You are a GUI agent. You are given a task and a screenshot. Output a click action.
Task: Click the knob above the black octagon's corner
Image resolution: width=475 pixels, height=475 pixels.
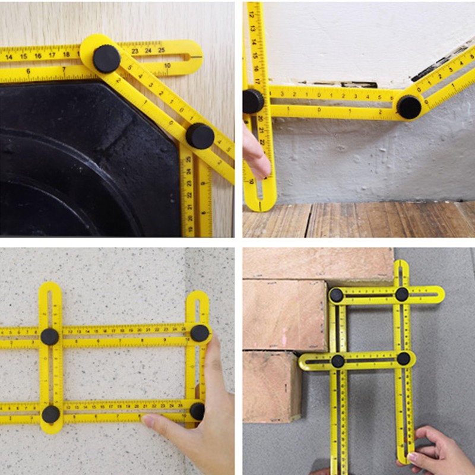[106, 58]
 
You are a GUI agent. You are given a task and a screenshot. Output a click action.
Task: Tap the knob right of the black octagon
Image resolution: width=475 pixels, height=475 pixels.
[200, 136]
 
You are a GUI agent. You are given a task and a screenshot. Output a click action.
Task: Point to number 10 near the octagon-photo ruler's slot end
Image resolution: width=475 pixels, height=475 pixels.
[167, 65]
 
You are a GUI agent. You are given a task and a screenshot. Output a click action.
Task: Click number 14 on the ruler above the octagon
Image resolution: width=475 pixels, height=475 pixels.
[9, 57]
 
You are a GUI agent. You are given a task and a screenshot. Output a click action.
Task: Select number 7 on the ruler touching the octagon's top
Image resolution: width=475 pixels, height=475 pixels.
[64, 69]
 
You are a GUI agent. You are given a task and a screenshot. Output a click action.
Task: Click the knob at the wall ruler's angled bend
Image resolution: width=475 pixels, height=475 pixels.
[409, 107]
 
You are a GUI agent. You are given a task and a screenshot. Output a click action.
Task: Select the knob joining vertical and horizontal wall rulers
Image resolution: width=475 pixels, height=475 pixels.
[253, 101]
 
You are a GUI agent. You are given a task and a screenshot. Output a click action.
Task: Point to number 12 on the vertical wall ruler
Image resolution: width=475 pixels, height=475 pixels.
[252, 14]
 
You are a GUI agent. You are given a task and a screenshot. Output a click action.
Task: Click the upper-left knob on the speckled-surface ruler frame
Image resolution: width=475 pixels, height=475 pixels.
[50, 337]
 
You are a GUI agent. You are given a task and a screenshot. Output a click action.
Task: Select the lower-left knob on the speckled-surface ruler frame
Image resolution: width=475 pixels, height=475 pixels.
[50, 414]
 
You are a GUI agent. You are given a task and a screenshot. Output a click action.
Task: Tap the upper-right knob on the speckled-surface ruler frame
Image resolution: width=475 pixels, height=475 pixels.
[199, 333]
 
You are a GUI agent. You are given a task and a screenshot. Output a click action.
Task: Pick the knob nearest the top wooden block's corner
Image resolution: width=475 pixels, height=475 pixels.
[337, 295]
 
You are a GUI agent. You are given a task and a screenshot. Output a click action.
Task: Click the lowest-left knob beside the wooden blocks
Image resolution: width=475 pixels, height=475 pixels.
[338, 361]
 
